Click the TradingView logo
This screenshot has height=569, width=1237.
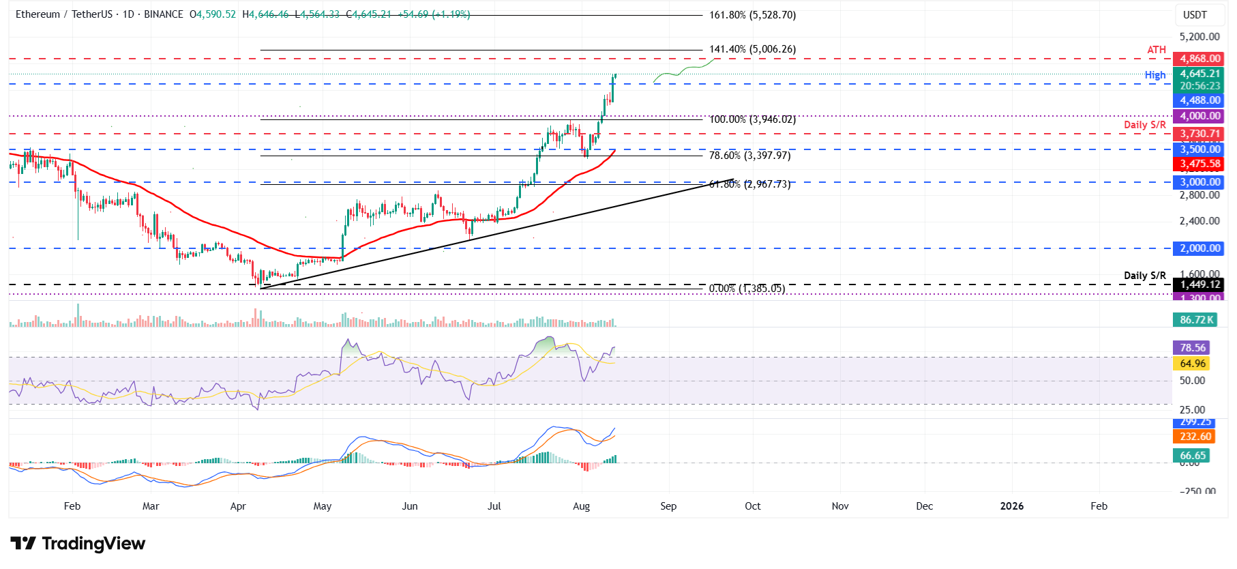tap(78, 544)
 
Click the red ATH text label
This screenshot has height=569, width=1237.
tap(1157, 50)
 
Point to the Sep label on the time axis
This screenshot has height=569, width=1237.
tap(668, 506)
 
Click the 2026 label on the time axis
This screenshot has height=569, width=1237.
tap(1012, 506)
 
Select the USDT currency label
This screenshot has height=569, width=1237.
tap(1195, 15)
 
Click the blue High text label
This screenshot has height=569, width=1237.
tap(1155, 75)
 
